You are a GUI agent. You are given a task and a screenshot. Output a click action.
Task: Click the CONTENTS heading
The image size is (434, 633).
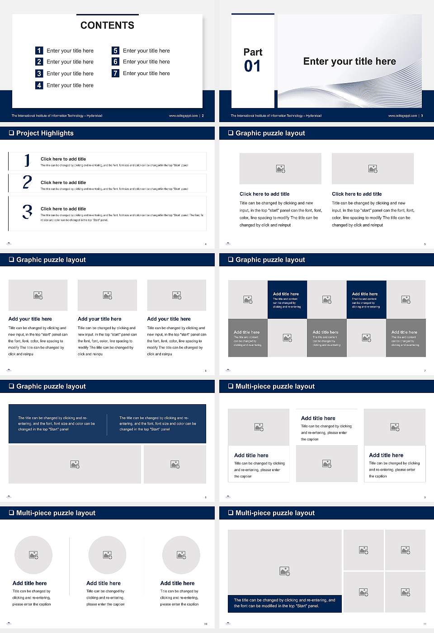pyautogui.click(x=107, y=25)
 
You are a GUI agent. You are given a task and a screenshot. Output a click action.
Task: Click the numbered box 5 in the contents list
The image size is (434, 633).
pyautogui.click(x=115, y=51)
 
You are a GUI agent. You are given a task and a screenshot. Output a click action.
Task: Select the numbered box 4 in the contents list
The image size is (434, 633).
pyautogui.click(x=39, y=85)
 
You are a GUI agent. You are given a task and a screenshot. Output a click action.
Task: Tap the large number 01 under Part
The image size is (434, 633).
pyautogui.click(x=252, y=66)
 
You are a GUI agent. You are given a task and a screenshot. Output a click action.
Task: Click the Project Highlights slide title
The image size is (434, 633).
pyautogui.click(x=45, y=133)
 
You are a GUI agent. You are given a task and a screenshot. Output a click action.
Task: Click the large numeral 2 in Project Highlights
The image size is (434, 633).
pyautogui.click(x=27, y=182)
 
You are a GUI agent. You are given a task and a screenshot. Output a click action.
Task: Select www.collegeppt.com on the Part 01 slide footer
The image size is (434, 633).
pyautogui.click(x=402, y=116)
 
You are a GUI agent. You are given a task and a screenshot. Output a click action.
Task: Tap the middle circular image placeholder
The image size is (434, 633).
pyautogui.click(x=107, y=555)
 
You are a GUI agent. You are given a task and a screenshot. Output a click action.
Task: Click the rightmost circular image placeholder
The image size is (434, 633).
pyautogui.click(x=181, y=555)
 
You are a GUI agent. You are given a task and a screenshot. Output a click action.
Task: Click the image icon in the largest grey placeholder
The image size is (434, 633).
pyautogui.click(x=284, y=572)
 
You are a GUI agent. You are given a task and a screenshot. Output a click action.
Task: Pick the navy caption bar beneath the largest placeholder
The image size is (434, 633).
pyautogui.click(x=284, y=603)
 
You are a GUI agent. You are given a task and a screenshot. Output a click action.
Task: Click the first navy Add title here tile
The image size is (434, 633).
pyautogui.click(x=287, y=300)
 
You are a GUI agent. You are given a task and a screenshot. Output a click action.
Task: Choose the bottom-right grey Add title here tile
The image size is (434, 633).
pyautogui.click(x=406, y=338)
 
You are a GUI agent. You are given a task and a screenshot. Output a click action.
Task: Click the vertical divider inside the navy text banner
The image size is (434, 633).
pyautogui.click(x=107, y=424)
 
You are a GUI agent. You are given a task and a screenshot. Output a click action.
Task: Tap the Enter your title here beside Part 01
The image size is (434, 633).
pyautogui.click(x=349, y=61)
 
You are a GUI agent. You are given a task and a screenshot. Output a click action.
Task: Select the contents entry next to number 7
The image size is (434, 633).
pyautogui.click(x=146, y=73)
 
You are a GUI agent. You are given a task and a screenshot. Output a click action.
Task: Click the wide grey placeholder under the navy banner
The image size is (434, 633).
pyautogui.click(x=75, y=464)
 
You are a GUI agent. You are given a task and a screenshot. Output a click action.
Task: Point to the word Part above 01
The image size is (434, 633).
pyautogui.click(x=253, y=52)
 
